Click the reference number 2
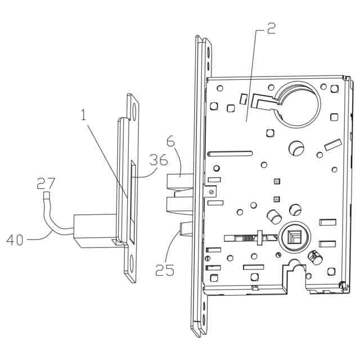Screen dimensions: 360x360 (271, 29)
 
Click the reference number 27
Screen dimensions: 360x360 (46, 183)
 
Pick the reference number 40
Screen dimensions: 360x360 (15, 241)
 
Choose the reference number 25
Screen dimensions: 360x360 (165, 271)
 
